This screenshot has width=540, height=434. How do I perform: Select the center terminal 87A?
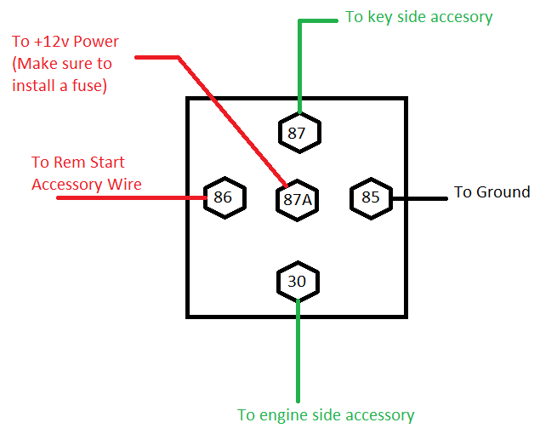click(297, 199)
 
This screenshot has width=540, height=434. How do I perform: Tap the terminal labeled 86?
click(223, 198)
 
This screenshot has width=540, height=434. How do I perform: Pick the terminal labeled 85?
click(371, 197)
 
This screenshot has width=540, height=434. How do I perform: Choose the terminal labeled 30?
click(297, 281)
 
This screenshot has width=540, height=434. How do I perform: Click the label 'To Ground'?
click(492, 192)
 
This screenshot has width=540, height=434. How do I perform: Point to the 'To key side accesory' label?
click(418, 17)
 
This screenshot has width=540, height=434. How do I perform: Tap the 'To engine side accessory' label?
click(326, 415)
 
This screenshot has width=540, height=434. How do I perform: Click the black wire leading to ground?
click(421, 198)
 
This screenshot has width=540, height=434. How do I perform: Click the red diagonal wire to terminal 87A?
click(230, 119)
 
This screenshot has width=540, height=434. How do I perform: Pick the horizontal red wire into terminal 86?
click(128, 198)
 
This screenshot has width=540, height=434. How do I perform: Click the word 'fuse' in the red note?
click(85, 85)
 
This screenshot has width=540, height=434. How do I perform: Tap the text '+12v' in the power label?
click(52, 42)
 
